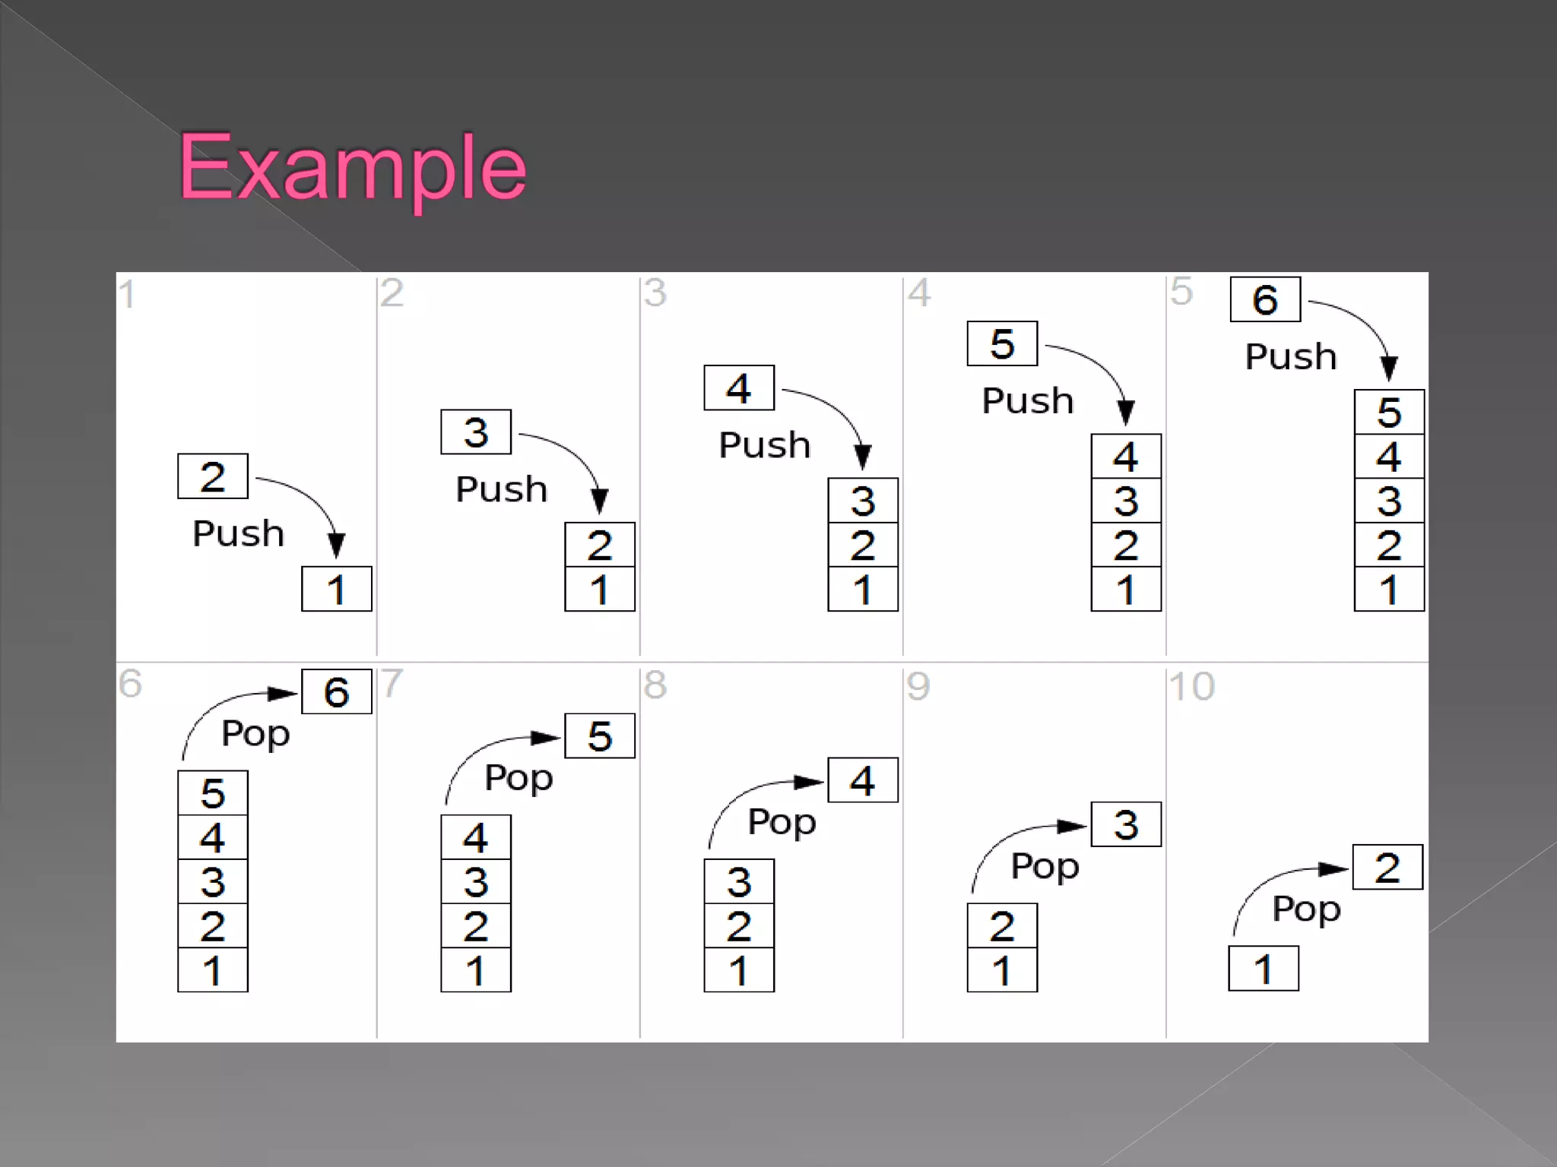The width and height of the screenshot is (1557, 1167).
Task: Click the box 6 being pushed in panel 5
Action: pyautogui.click(x=1265, y=299)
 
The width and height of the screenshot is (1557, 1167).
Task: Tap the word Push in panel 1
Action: pyautogui.click(x=238, y=533)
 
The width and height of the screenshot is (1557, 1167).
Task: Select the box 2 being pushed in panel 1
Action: pyautogui.click(x=213, y=476)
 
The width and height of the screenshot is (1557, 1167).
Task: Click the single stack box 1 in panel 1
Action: pyautogui.click(x=336, y=589)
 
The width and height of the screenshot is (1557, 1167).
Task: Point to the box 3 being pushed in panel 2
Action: pyautogui.click(x=476, y=432)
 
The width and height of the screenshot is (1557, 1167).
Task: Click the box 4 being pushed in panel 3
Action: pyautogui.click(x=739, y=387)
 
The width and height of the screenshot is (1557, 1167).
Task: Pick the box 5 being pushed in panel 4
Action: pyautogui.click(x=1002, y=343)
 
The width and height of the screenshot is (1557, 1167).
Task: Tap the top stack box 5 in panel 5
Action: pyautogui.click(x=1389, y=413)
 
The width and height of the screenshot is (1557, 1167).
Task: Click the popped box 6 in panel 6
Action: pyautogui.click(x=336, y=691)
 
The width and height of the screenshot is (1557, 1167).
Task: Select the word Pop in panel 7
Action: pyautogui.click(x=518, y=778)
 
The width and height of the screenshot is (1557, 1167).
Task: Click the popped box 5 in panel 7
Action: pyautogui.click(x=600, y=735)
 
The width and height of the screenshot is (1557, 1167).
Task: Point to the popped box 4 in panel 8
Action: pyautogui.click(x=863, y=780)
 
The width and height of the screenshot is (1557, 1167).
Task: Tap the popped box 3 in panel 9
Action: pyautogui.click(x=1126, y=824)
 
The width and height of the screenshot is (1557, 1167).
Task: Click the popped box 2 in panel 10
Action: pyautogui.click(x=1387, y=868)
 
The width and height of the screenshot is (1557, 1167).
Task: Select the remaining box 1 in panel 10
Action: pyautogui.click(x=1264, y=969)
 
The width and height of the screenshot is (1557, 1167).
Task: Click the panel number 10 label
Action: pyautogui.click(x=1191, y=687)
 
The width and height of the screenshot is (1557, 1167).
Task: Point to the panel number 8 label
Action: pyautogui.click(x=655, y=685)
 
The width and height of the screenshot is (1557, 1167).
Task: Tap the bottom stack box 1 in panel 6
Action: pyautogui.click(x=213, y=970)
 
